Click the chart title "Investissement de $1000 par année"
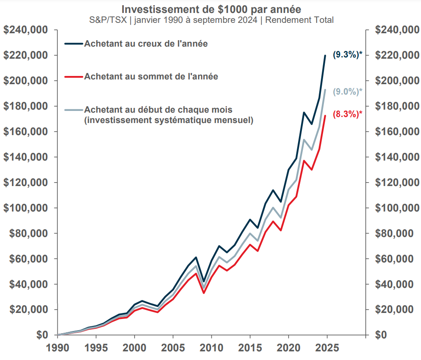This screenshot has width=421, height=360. [211, 9]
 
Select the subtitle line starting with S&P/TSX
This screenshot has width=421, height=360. [211, 20]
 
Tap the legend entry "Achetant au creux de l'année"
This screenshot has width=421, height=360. [146, 44]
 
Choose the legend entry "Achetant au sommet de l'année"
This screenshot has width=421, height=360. [151, 76]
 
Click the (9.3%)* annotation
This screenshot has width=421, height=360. [347, 55]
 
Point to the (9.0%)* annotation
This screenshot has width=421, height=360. [347, 91]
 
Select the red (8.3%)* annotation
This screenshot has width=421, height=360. [347, 114]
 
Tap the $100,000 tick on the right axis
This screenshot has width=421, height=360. [397, 208]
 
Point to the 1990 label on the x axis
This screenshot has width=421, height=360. [57, 348]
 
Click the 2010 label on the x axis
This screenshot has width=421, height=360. [211, 348]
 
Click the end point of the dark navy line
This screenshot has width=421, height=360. [325, 56]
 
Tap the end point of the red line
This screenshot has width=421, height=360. [325, 116]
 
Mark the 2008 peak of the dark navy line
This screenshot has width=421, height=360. [196, 257]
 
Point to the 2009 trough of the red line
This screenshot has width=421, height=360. [204, 293]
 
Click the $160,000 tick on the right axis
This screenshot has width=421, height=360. [397, 132]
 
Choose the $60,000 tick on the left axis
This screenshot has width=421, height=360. [27, 259]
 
